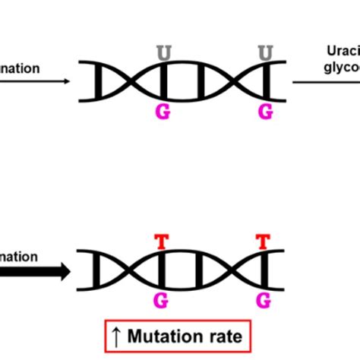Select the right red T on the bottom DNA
pyautogui.click(x=265, y=242)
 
